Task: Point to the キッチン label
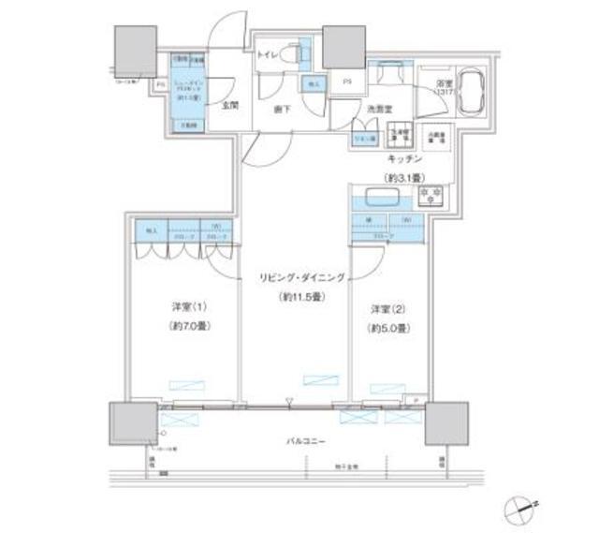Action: tap(402, 160)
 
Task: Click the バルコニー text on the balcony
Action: tap(301, 438)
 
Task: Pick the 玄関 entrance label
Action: tap(228, 106)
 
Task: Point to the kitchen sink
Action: tap(382, 198)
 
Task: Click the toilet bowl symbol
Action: tap(299, 53)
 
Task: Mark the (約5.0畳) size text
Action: tap(387, 328)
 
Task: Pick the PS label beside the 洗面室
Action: tap(346, 82)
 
